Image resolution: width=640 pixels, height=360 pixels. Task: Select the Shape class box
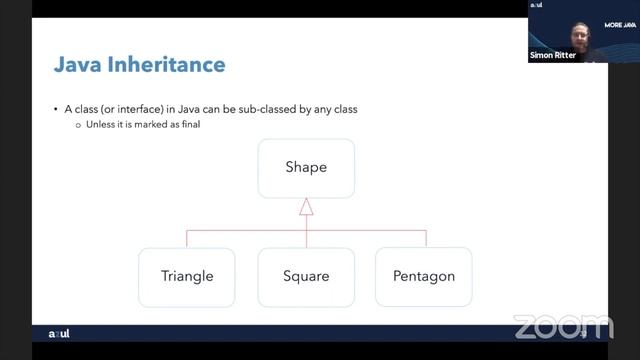[306, 167]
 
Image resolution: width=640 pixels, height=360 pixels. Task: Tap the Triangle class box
[187, 276]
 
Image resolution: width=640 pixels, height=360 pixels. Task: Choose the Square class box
[306, 276]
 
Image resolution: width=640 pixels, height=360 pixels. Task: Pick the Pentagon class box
[423, 276]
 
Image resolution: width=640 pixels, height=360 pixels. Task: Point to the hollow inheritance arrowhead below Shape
[306, 207]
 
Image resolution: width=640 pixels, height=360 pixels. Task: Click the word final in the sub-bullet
[176, 125]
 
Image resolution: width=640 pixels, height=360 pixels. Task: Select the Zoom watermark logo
[562, 326]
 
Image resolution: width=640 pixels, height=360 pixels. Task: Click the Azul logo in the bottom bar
[60, 333]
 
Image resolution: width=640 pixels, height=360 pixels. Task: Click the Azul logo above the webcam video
[536, 5]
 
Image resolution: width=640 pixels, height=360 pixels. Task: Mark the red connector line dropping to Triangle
[187, 238]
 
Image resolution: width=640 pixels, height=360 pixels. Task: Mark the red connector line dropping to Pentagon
[425, 238]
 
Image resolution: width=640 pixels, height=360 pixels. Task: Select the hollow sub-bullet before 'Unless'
[77, 125]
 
